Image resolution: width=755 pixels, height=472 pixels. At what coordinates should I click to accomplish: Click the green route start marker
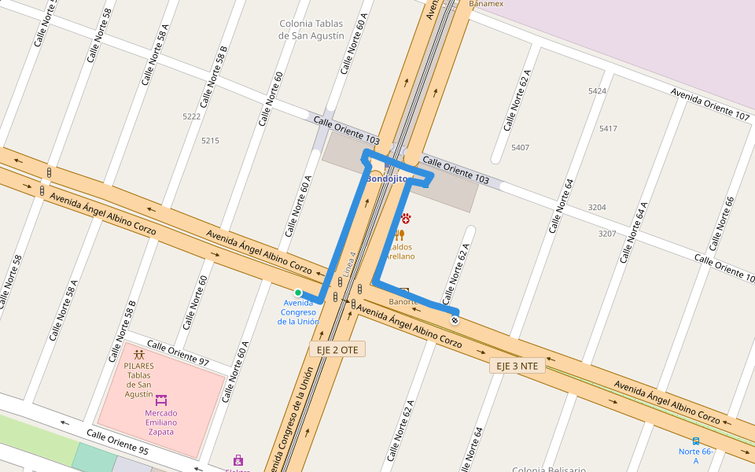pos(298,293)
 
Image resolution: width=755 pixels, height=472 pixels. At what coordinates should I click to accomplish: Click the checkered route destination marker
pos(455,319)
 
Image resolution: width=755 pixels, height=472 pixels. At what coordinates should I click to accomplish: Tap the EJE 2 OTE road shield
pos(337,348)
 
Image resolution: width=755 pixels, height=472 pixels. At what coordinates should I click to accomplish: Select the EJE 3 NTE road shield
pos(517,366)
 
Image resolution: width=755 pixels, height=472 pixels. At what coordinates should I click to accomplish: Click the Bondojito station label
pos(385,179)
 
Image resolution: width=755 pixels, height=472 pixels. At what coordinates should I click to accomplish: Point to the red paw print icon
pos(406,218)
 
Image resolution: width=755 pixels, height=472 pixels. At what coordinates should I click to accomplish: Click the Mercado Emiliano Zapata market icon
pos(161,400)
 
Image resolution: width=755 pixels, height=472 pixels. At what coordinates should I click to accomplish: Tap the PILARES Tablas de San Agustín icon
pos(139,355)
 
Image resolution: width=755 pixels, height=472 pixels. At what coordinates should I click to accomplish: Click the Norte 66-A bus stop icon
pos(696,441)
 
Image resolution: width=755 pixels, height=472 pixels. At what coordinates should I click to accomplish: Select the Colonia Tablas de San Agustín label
pos(311,30)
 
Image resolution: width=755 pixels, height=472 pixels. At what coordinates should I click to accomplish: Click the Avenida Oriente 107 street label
pos(710,104)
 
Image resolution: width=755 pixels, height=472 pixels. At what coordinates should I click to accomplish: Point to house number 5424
pos(597,91)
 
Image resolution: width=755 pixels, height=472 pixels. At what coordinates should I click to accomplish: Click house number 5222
pos(192,116)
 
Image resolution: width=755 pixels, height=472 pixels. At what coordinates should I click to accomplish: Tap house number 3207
pos(607,234)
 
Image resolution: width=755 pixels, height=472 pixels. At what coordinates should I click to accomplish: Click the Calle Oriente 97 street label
pos(178,354)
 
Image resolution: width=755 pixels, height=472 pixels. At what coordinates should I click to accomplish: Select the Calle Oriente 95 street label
pos(117,443)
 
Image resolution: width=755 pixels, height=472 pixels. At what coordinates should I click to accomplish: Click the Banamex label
pos(486,4)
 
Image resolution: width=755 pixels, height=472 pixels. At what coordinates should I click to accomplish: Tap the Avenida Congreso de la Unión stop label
pos(298,312)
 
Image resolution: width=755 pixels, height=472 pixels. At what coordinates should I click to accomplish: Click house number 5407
pos(520,147)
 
